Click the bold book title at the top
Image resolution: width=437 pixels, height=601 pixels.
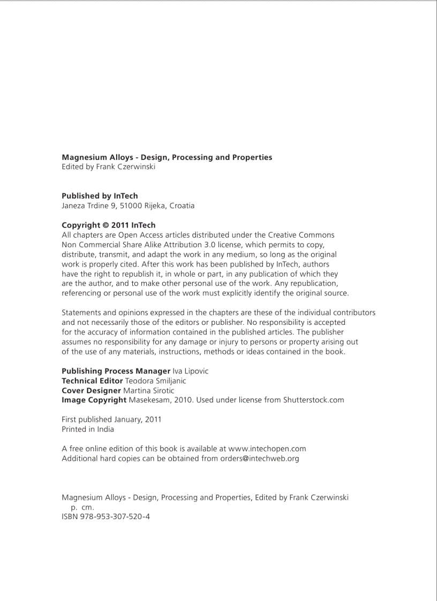tap(167, 157)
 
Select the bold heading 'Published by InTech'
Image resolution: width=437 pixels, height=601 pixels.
tap(100, 196)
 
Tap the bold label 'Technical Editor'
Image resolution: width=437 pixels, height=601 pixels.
tap(92, 381)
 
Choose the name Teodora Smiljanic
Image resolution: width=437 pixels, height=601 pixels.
tap(155, 381)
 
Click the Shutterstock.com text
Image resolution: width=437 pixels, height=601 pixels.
tap(313, 400)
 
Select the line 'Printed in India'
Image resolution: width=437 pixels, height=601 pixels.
tap(88, 429)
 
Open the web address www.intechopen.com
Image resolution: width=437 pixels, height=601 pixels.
tap(267, 448)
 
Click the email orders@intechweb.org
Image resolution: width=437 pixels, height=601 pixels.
tap(259, 458)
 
